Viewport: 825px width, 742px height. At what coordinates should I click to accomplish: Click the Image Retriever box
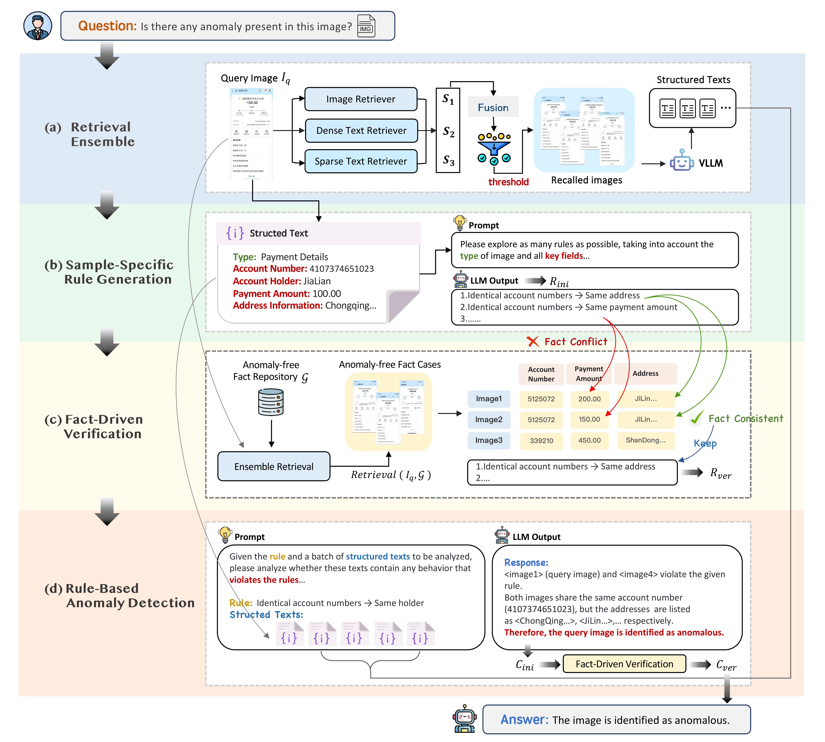[361, 99]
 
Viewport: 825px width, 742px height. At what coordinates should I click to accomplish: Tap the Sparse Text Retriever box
[361, 161]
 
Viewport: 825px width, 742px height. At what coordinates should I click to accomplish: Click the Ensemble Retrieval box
[274, 466]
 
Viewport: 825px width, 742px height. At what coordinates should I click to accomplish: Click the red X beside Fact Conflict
[532, 342]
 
